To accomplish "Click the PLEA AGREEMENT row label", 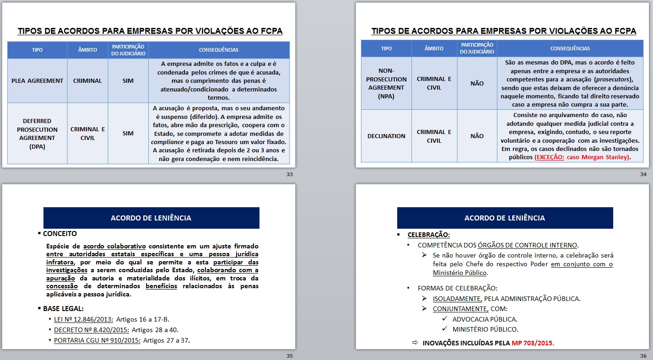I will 37,81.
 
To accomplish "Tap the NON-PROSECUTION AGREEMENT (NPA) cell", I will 386,83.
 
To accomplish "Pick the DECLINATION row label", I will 386,136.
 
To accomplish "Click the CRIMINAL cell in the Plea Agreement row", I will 87,81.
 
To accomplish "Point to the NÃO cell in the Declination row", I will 477,136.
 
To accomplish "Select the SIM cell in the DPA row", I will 128,134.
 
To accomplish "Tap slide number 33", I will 289,174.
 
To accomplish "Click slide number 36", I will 643,356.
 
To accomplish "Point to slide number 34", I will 643,174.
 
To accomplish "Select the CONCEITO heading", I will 60,234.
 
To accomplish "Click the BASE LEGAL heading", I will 63,308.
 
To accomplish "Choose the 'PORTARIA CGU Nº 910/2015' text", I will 97,340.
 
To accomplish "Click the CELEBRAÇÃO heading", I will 428,235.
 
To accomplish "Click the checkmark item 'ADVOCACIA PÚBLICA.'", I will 485,319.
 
